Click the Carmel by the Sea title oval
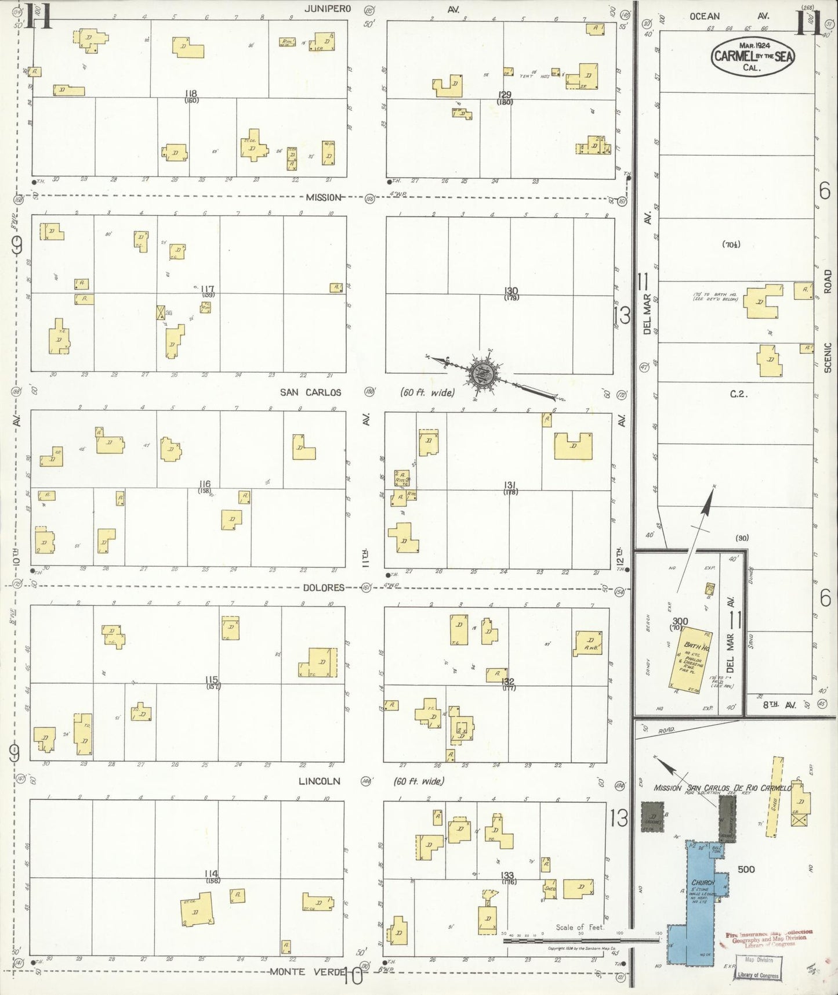pos(753,56)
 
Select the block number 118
pos(191,93)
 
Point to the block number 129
pos(505,95)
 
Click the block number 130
pos(511,291)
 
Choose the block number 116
pos(204,484)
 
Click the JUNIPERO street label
pos(325,9)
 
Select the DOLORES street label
pos(324,587)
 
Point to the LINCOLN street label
pos(319,781)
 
